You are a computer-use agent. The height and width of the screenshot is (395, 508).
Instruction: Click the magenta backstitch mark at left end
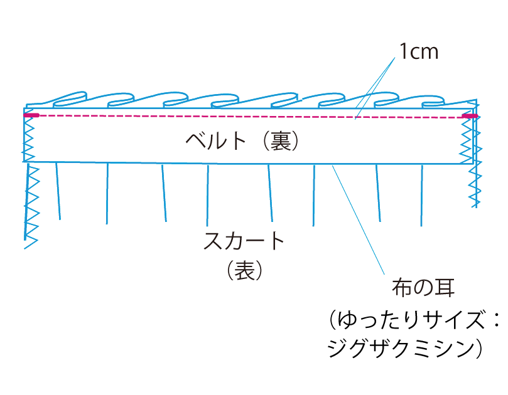[31, 115]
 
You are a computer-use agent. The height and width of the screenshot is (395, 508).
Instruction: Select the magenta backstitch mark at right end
[469, 116]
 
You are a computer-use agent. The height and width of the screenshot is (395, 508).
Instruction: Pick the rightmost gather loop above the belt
[442, 101]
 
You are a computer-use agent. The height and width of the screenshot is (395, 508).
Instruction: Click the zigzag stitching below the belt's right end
[475, 185]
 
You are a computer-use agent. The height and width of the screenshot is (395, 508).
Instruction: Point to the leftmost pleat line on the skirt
[58, 191]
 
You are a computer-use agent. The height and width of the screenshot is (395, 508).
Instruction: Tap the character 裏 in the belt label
[276, 140]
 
